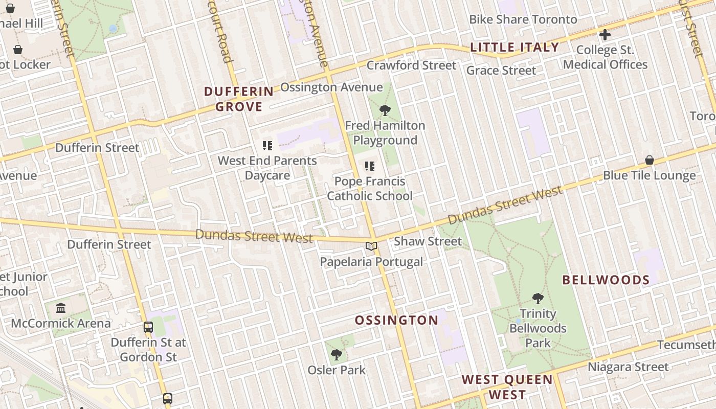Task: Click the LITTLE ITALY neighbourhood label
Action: coord(514,48)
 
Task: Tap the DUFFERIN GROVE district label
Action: coord(239,99)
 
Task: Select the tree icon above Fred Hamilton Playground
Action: coord(385,110)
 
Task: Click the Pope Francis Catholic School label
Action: coord(370,189)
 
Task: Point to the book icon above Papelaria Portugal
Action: coord(371,246)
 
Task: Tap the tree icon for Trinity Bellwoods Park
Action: coord(538,298)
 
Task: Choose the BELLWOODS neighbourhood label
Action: coord(606,280)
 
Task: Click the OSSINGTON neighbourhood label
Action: coord(396,321)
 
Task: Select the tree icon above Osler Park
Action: coord(336,354)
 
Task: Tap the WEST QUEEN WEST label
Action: coord(507,387)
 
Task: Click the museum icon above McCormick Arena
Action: coord(61,308)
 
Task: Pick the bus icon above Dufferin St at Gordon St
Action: coord(148,327)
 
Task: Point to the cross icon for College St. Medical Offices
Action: coord(605,35)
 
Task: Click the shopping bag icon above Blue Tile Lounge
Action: coord(649,160)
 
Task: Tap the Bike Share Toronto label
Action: coord(523,19)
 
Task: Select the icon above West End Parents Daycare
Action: coord(267,146)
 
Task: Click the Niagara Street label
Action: coord(628,367)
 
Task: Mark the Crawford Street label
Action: coord(411,65)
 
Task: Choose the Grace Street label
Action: coord(501,71)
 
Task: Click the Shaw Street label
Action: coord(428,241)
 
